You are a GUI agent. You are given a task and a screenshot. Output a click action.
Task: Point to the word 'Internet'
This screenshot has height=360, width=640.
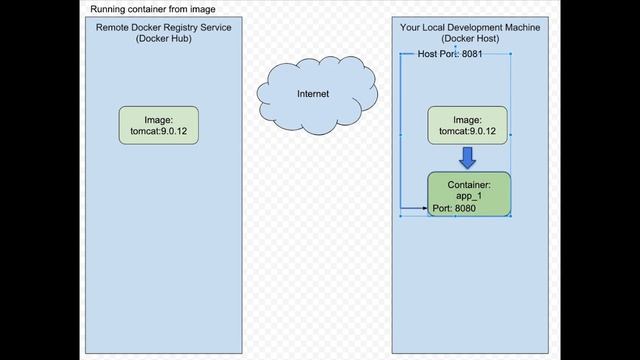(313, 94)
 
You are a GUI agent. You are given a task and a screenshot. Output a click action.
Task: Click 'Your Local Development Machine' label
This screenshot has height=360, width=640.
(469, 28)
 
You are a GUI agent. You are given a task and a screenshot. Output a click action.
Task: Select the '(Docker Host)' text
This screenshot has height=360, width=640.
(469, 39)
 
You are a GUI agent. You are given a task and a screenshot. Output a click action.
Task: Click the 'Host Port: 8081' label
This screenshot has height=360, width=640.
(450, 54)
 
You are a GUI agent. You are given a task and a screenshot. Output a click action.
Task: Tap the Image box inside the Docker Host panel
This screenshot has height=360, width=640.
(468, 123)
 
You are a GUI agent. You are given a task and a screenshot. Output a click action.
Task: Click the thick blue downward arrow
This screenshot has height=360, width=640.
(467, 157)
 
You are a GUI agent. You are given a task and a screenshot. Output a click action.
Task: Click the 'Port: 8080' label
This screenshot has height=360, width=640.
(454, 209)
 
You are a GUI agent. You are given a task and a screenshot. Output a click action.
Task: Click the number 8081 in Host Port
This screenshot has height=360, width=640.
(472, 54)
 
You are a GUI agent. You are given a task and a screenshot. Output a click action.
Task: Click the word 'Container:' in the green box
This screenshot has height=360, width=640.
(469, 185)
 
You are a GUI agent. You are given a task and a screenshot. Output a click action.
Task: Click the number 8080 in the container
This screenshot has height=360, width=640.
(465, 209)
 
